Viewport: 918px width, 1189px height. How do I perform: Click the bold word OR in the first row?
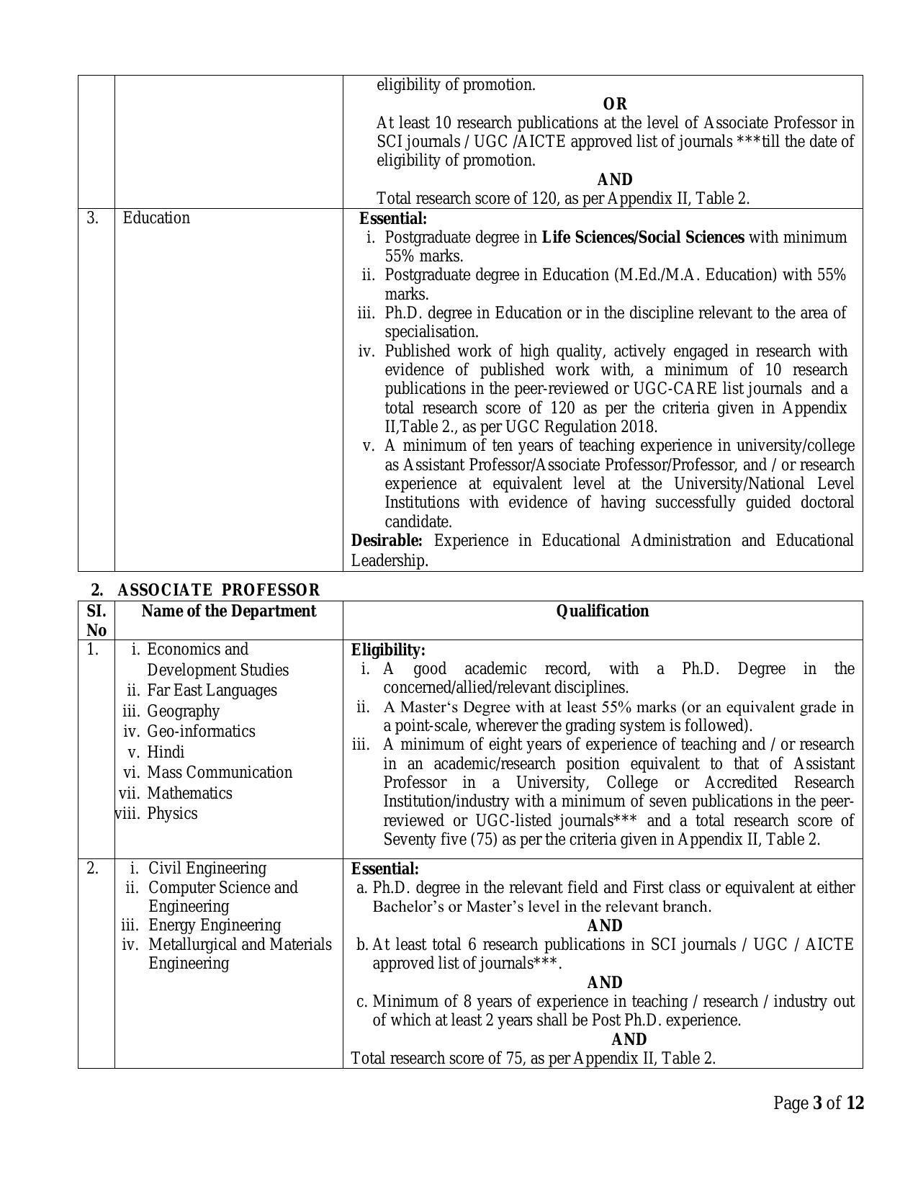click(615, 104)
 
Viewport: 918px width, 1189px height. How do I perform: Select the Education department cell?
click(156, 218)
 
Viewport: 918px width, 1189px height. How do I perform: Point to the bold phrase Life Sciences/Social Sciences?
click(643, 237)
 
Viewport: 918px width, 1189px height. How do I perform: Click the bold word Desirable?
click(387, 541)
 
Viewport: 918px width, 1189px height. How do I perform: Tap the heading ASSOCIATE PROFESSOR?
click(218, 591)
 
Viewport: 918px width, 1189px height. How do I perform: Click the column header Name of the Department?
click(229, 611)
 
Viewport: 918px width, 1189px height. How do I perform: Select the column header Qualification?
click(603, 611)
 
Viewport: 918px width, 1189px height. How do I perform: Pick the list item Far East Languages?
click(212, 691)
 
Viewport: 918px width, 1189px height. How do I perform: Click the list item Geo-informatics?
click(201, 732)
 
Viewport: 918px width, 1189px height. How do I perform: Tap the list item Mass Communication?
click(220, 773)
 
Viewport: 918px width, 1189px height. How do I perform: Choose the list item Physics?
click(172, 814)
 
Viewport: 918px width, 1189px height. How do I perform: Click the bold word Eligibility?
click(388, 650)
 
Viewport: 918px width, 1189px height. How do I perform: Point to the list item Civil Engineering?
click(207, 869)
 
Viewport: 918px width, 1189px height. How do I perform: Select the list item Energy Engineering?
click(215, 925)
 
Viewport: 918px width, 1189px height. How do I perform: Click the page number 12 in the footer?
click(855, 1103)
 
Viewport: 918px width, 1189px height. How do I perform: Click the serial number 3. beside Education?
click(93, 218)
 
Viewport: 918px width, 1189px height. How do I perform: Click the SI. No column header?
click(96, 621)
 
